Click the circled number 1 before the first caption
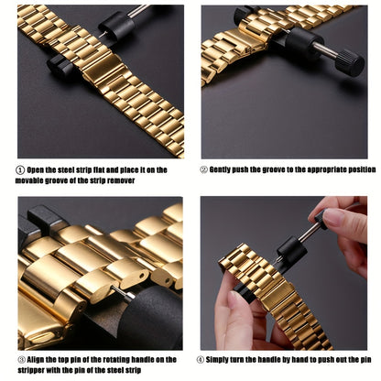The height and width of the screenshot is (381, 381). click(x=20, y=169)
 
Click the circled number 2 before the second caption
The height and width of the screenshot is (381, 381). click(x=204, y=169)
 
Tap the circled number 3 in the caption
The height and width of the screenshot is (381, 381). click(x=22, y=359)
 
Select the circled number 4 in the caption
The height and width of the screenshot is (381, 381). click(x=201, y=360)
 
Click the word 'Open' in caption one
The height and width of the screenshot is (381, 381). click(x=36, y=170)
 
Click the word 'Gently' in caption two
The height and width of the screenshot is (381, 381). click(x=220, y=169)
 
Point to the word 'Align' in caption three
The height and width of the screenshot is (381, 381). click(x=36, y=360)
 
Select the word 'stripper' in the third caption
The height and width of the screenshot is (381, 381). click(x=28, y=371)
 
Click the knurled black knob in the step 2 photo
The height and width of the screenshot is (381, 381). click(x=350, y=62)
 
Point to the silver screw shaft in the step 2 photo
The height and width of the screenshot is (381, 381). click(x=325, y=51)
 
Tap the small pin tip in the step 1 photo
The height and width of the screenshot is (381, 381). click(x=101, y=34)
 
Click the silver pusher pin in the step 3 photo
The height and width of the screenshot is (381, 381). click(x=123, y=292)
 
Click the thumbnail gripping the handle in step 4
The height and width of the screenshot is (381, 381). click(x=333, y=217)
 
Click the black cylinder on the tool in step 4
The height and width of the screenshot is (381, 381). click(x=291, y=249)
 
